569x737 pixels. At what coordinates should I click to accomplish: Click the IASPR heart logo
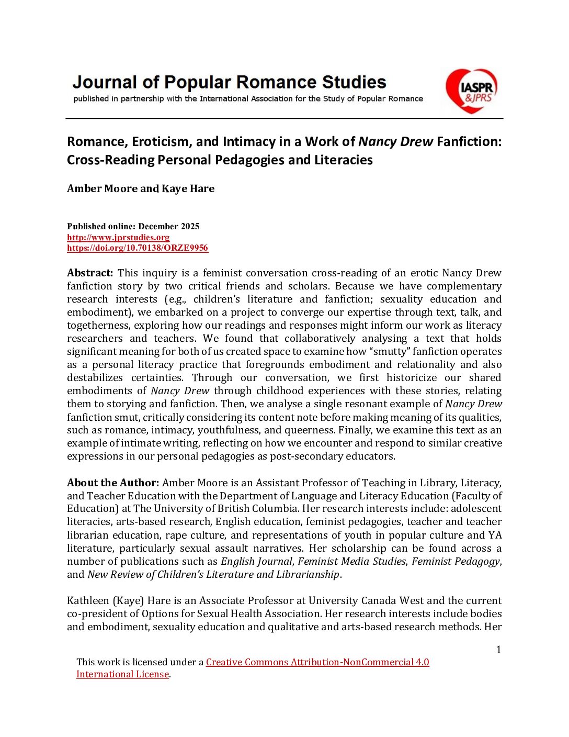coord(471,91)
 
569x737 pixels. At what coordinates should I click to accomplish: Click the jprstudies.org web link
coord(118,237)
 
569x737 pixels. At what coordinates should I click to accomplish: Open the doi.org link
coord(138,248)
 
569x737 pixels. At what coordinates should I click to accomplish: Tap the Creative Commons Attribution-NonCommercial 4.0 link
coord(317,662)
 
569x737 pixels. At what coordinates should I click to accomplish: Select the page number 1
coord(498,650)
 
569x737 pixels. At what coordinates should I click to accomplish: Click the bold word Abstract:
coord(90,273)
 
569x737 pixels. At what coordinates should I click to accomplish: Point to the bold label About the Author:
coord(113,483)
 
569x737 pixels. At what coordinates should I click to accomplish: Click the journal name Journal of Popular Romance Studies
coord(229,82)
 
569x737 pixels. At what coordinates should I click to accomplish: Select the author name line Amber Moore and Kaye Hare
coord(141,188)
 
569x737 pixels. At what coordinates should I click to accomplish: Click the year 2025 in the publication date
coord(190,226)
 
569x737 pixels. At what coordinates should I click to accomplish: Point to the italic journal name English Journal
coord(256,561)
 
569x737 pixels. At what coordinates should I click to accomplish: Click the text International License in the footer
coord(122,674)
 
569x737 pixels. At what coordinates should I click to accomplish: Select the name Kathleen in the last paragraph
coord(88,600)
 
